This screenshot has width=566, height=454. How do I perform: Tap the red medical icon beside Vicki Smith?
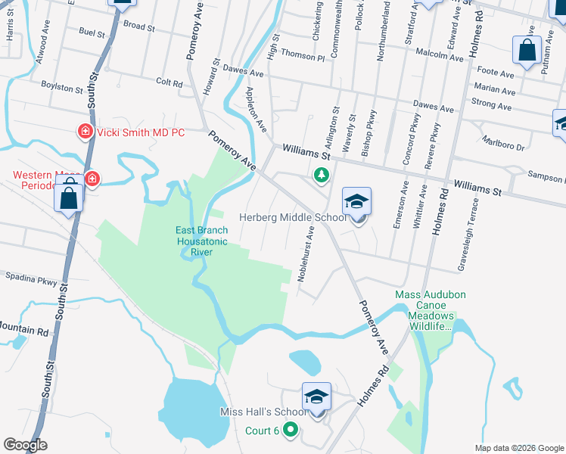(86, 132)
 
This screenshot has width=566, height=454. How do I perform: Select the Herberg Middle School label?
(293, 218)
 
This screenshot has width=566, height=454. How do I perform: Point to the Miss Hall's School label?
(263, 412)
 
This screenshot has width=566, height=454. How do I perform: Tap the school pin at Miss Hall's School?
(317, 397)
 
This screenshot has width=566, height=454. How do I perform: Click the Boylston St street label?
(62, 86)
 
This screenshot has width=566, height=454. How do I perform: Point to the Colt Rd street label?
(169, 82)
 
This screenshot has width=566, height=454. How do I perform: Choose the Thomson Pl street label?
(302, 54)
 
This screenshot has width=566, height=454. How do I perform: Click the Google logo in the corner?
(25, 445)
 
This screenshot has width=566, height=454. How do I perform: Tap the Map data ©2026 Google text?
(518, 447)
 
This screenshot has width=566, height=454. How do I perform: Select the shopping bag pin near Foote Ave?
(527, 50)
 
